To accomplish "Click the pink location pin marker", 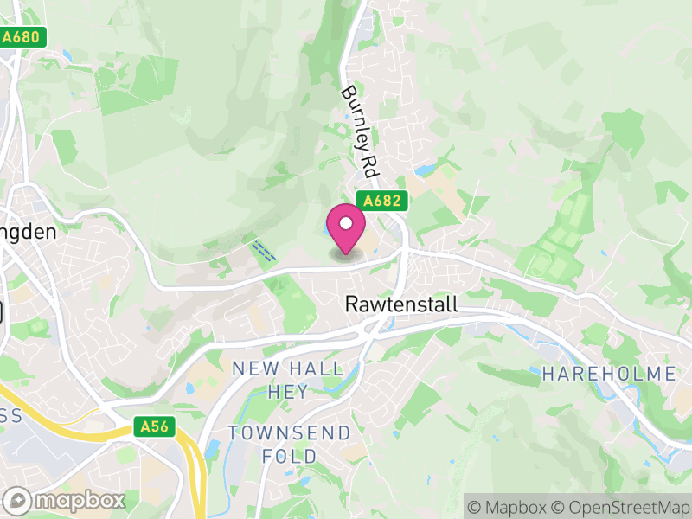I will pos(346,229).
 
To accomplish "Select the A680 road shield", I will pos(22,38).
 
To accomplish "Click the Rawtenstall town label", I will pos(400,305).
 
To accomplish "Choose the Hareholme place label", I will pos(609,374).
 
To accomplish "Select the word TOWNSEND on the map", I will pos(289,432).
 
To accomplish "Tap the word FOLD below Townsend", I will pos(289,455).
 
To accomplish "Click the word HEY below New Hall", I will pos(288,392).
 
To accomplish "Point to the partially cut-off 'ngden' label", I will pos(28,232).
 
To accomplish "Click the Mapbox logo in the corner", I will pos(66,500).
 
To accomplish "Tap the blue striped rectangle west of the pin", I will pos(264,252).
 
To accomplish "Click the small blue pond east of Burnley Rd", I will pos(426,171).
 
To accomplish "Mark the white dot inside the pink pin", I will pos(346,223).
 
